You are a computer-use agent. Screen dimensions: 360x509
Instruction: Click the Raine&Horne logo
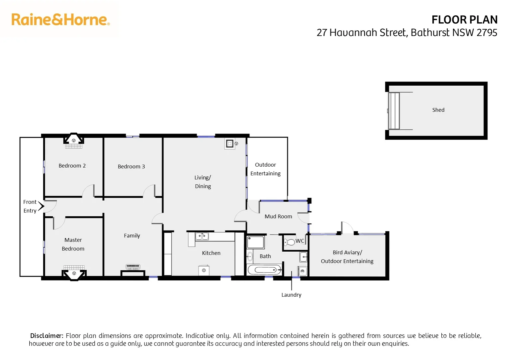coord(60,20)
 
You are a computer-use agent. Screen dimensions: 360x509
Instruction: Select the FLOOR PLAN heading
coord(464,20)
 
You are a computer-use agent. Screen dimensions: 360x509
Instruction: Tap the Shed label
coord(438,110)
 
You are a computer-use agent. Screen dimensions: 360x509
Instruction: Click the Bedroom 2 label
coord(72,166)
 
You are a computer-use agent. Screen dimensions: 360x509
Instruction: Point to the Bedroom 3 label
coord(131,167)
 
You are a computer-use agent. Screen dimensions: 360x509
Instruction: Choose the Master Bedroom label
coord(73,244)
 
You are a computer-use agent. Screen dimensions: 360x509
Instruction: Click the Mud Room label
coord(278,217)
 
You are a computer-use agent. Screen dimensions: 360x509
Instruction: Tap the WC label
coord(300,241)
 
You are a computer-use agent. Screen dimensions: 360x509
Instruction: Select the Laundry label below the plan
coord(291,295)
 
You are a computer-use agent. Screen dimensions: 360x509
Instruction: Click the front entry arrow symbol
coord(41,206)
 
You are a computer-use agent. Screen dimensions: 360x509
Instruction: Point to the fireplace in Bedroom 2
coord(74,140)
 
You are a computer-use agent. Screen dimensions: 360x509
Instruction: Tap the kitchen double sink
coord(202,236)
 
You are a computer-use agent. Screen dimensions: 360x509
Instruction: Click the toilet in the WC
coord(289,242)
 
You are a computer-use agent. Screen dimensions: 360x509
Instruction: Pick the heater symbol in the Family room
coord(133,267)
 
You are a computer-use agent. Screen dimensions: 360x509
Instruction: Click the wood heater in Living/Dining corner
coord(230,144)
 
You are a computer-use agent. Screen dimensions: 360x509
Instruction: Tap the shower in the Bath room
coord(256,242)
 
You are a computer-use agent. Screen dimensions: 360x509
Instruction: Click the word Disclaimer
coord(47,336)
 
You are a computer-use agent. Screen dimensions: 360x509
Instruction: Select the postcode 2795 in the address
coord(487,33)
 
